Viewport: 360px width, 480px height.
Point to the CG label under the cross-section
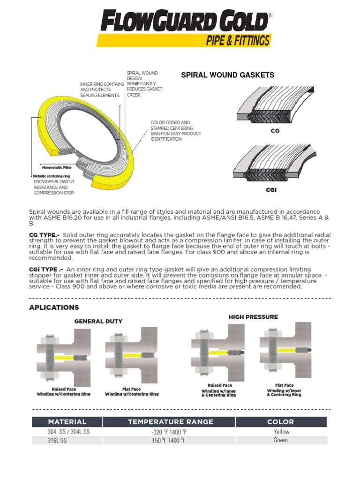275,131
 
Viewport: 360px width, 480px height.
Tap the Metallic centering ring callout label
52,176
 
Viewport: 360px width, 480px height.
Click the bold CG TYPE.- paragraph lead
44,234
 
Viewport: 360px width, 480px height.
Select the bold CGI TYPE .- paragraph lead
46,269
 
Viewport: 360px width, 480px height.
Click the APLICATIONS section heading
54,307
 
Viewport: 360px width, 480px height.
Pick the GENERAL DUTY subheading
98,321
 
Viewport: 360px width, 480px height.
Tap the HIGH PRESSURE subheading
253,317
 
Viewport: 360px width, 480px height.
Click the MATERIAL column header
67,422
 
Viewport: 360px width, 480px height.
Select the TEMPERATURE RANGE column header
171,422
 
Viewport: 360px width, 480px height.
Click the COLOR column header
280,422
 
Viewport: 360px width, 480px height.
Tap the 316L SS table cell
57,441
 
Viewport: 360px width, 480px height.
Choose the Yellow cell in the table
281,432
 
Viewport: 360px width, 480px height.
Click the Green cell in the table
281,441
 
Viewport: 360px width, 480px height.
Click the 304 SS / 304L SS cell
68,432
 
